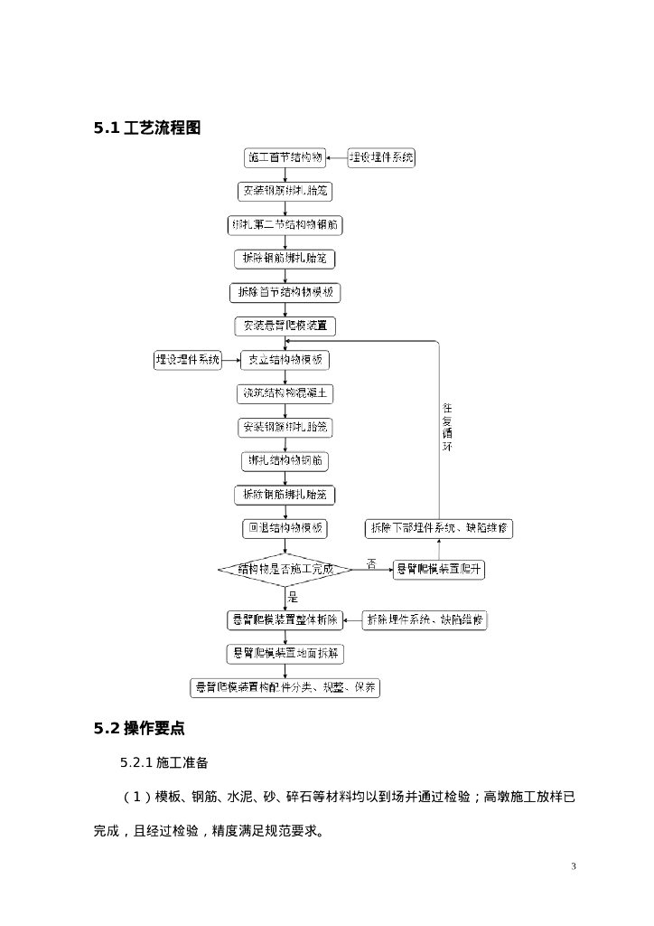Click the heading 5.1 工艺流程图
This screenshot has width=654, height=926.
[147, 128]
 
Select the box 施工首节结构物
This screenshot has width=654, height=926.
[285, 157]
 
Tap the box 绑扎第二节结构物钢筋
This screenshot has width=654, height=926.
[285, 225]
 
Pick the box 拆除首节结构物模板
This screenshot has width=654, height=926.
[285, 293]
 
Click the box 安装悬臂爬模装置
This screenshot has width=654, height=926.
[285, 326]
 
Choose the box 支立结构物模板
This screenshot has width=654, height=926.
[285, 360]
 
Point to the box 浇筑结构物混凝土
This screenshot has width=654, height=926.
[285, 393]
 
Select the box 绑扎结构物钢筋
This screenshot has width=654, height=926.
[285, 461]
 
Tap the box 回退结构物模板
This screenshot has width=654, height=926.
[285, 528]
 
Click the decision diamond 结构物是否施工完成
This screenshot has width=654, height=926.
[285, 570]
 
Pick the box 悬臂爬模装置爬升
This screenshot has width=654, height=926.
[439, 570]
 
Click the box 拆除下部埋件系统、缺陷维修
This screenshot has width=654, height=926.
[439, 528]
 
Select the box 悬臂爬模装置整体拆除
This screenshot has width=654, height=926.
[285, 620]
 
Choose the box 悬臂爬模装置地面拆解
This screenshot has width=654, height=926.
[285, 653]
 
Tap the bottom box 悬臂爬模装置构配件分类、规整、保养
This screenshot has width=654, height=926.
[285, 687]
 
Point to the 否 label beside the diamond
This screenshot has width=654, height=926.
[370, 564]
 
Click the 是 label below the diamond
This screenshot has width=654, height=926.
[293, 597]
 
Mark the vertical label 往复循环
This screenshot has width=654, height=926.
[446, 428]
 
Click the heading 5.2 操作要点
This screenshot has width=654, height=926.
[139, 729]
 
